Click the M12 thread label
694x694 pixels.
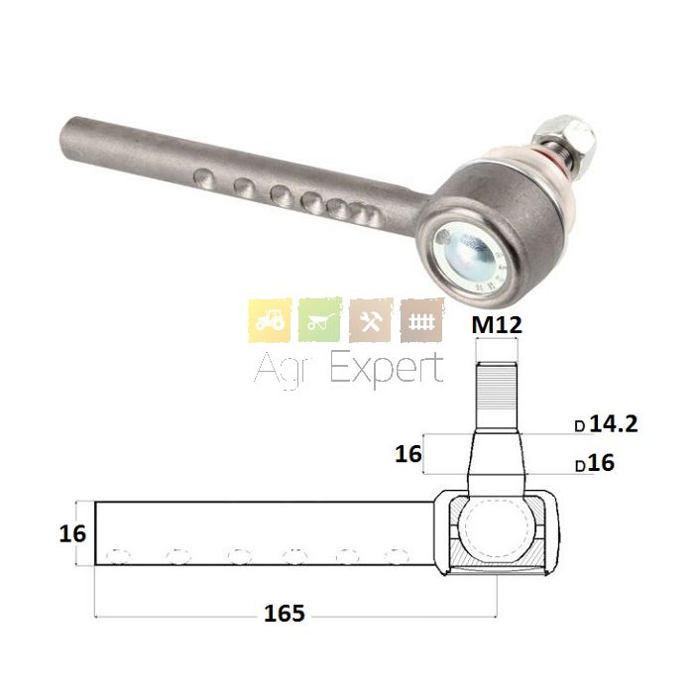497,325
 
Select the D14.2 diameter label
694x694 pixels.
607,424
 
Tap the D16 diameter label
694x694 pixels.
595,463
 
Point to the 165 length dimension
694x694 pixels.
285,614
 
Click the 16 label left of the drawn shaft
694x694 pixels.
72,533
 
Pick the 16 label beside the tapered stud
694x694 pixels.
408,454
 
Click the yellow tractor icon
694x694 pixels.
270,320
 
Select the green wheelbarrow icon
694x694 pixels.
320,320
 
